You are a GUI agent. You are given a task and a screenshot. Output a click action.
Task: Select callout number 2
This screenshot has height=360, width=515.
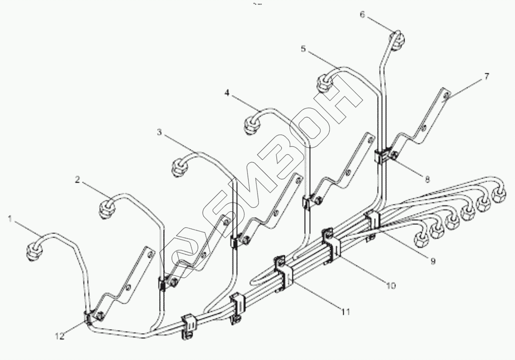pyautogui.click(x=77, y=180)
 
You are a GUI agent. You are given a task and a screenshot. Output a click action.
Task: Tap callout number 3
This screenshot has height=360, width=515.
pyautogui.click(x=159, y=132)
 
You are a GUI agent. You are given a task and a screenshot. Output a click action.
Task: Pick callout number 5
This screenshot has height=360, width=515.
pyautogui.click(x=303, y=50)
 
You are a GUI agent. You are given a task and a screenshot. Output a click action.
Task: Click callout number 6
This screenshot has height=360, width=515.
pyautogui.click(x=362, y=15)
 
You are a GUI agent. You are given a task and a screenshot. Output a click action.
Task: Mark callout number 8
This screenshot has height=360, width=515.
pyautogui.click(x=427, y=180)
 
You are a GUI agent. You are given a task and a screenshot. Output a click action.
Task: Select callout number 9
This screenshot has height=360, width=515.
pyautogui.click(x=433, y=261)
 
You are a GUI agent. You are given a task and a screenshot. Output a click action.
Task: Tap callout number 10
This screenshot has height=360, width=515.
pyautogui.click(x=390, y=286)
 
